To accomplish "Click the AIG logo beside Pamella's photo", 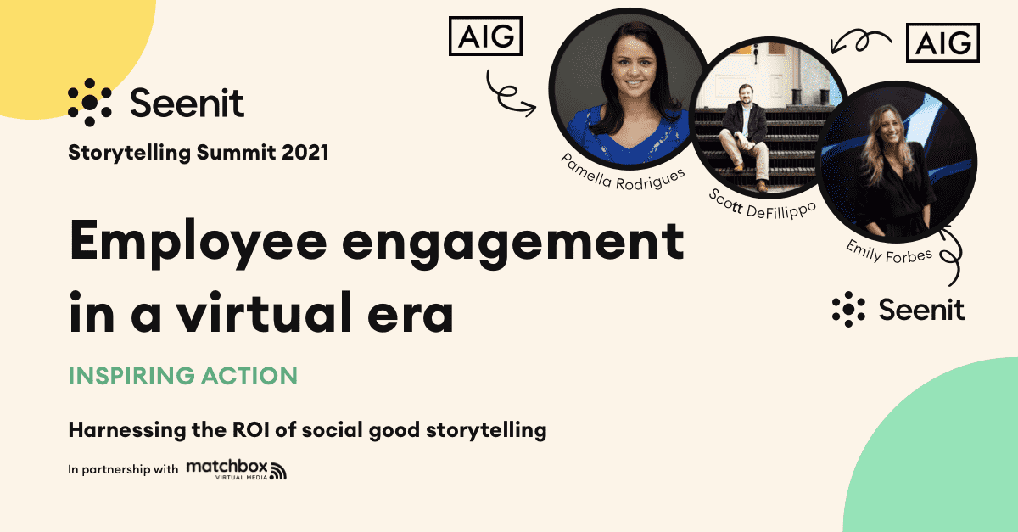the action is (485, 36).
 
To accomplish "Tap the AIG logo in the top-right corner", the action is (942, 42).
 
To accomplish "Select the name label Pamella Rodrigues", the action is (622, 173).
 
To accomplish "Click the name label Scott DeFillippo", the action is (762, 205).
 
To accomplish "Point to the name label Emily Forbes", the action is (888, 252).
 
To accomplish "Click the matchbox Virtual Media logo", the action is (237, 469).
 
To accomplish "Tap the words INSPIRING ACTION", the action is (182, 376).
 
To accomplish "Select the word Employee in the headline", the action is (199, 243).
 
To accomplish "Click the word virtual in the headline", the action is (264, 312).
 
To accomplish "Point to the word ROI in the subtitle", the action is (251, 429).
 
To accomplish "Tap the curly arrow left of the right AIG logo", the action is (860, 41).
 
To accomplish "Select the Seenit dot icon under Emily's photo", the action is (848, 309).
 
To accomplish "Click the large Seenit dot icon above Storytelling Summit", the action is (90, 103).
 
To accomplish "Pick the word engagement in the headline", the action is (512, 244).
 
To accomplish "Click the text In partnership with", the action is (123, 469).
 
